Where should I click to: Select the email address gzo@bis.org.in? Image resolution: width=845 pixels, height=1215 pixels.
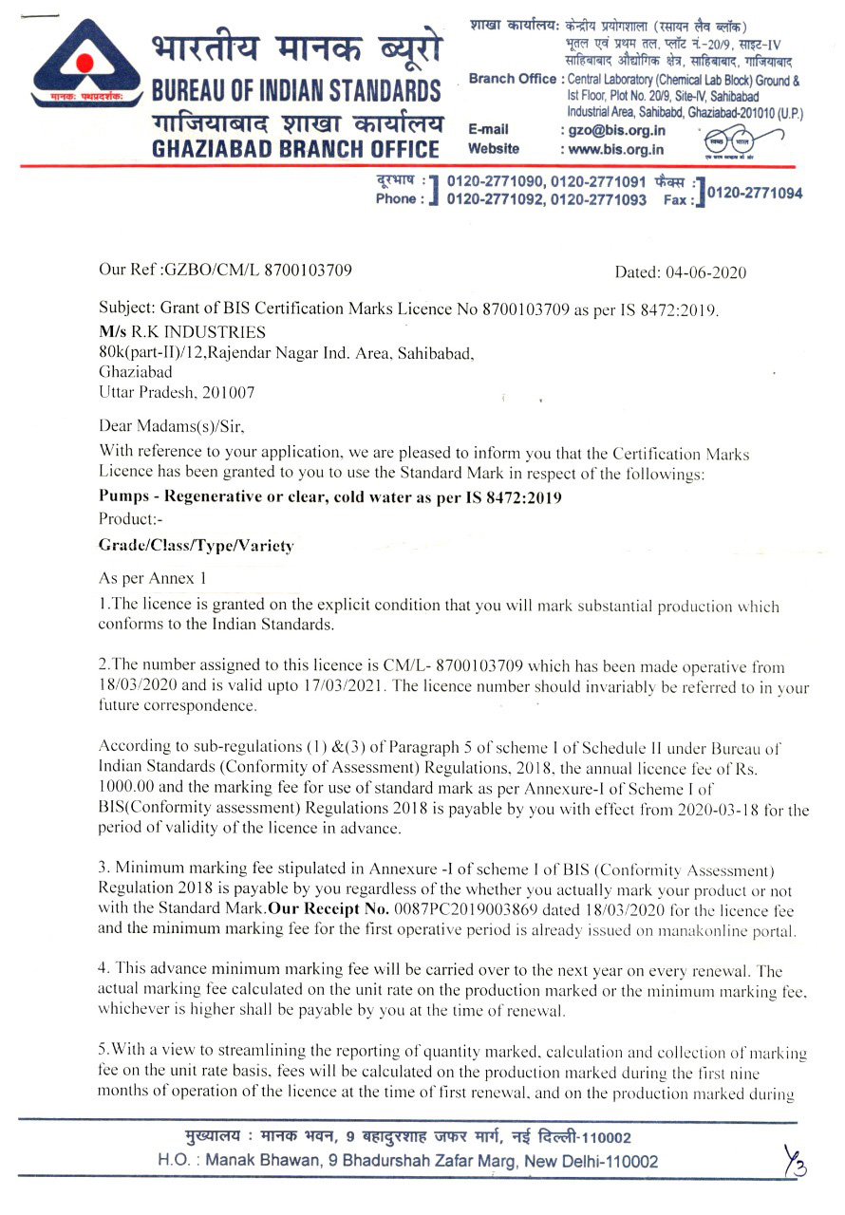point(616,130)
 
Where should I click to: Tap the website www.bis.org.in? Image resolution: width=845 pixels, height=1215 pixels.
point(616,149)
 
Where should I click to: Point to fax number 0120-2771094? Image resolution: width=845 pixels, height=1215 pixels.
point(755,193)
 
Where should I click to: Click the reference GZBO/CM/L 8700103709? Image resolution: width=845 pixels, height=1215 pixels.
point(257,270)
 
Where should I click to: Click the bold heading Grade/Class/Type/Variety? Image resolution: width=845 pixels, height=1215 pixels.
point(197,546)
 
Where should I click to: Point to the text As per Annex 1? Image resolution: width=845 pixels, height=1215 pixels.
point(152,577)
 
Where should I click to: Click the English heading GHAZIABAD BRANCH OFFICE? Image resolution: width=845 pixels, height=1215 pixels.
point(295,149)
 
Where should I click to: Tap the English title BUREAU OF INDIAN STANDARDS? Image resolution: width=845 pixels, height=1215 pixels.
point(295,92)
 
